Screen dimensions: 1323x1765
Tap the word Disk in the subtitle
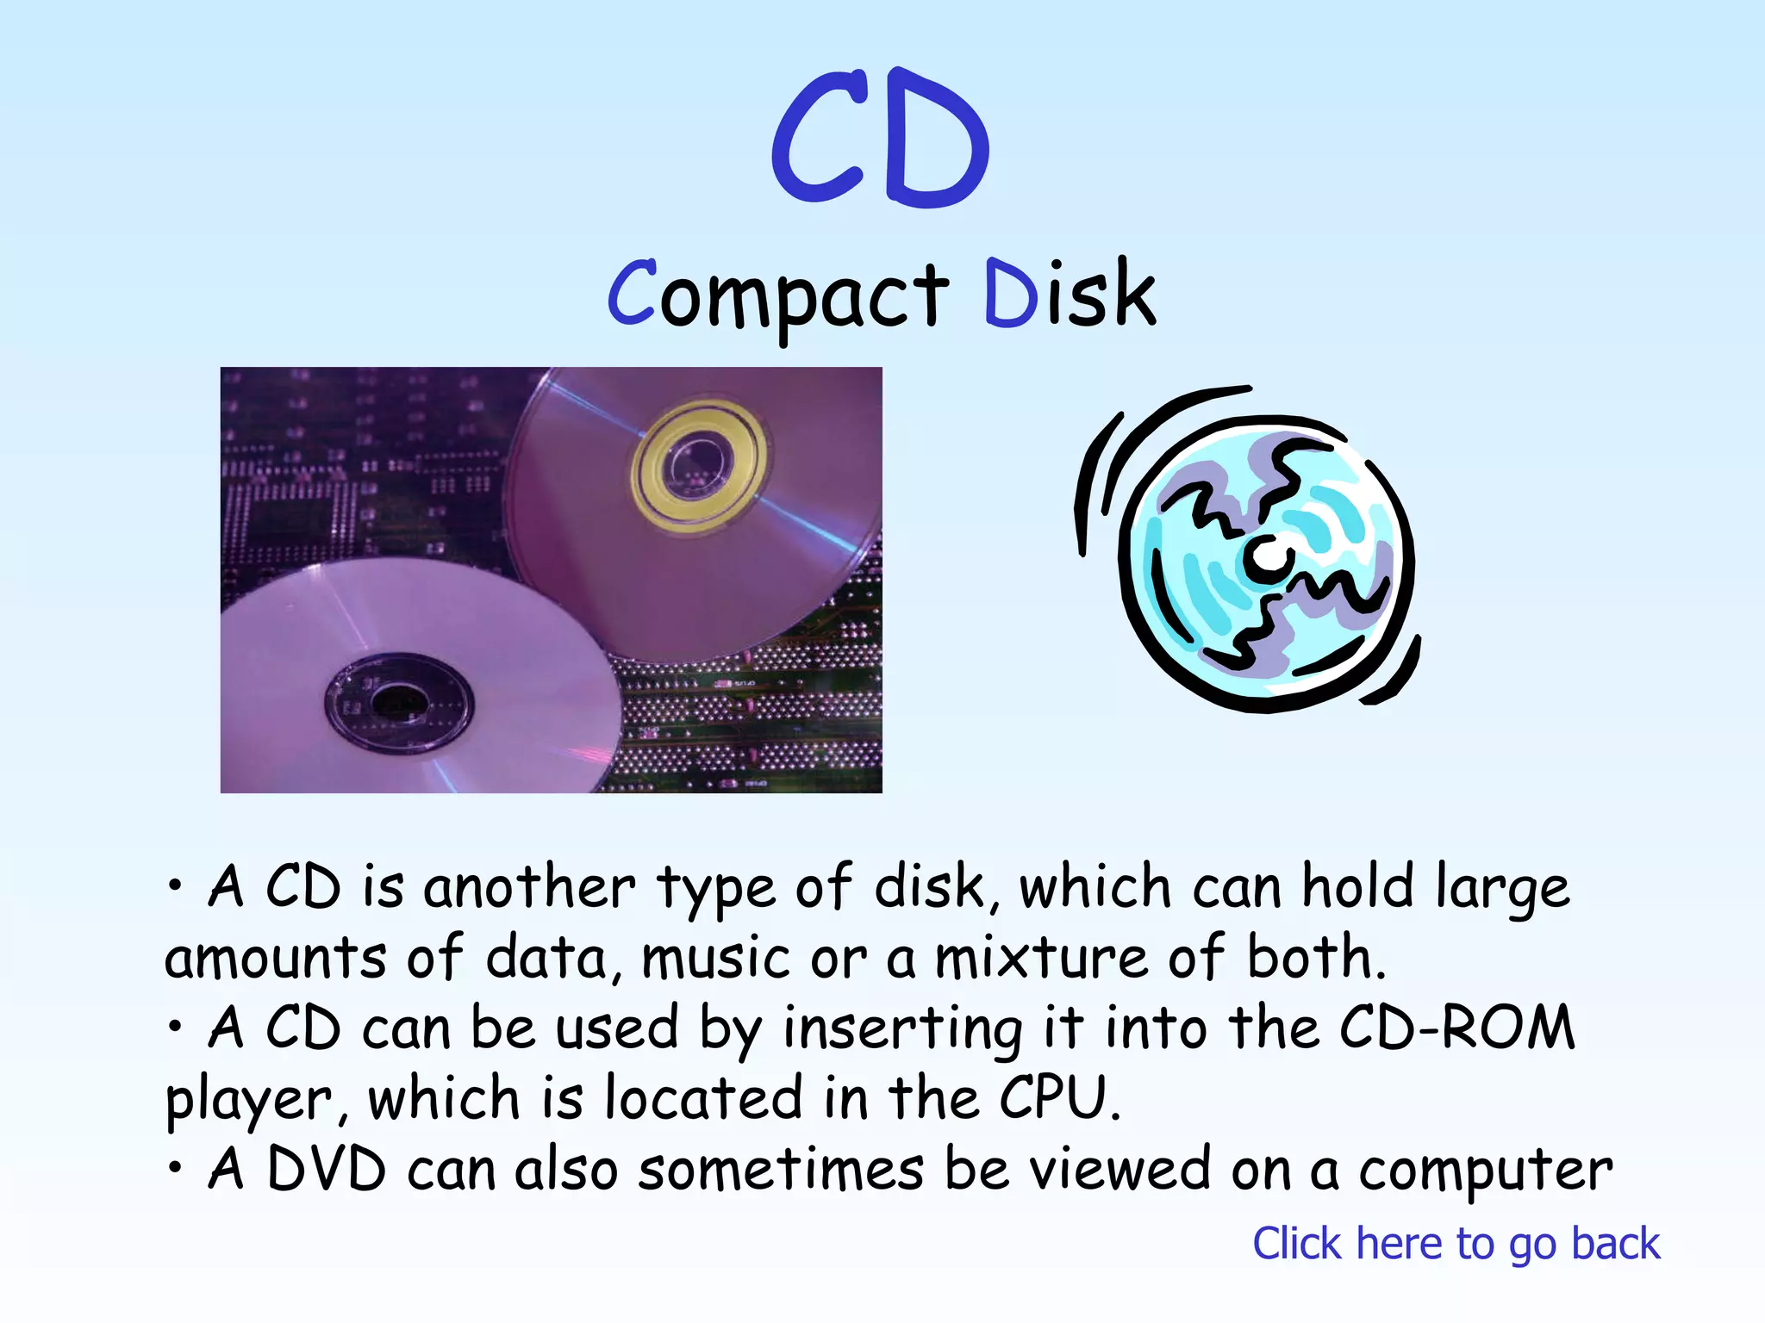(1069, 295)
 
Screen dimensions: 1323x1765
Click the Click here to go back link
(1456, 1244)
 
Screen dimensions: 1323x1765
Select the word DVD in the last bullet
(327, 1171)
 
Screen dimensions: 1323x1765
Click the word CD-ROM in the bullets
(1457, 1028)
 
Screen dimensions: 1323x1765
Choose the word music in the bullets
(715, 959)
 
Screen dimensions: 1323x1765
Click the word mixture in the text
(1041, 959)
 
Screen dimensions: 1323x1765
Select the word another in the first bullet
(529, 888)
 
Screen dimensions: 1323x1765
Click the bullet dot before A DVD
(176, 1168)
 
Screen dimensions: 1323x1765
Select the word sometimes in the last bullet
(781, 1171)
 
